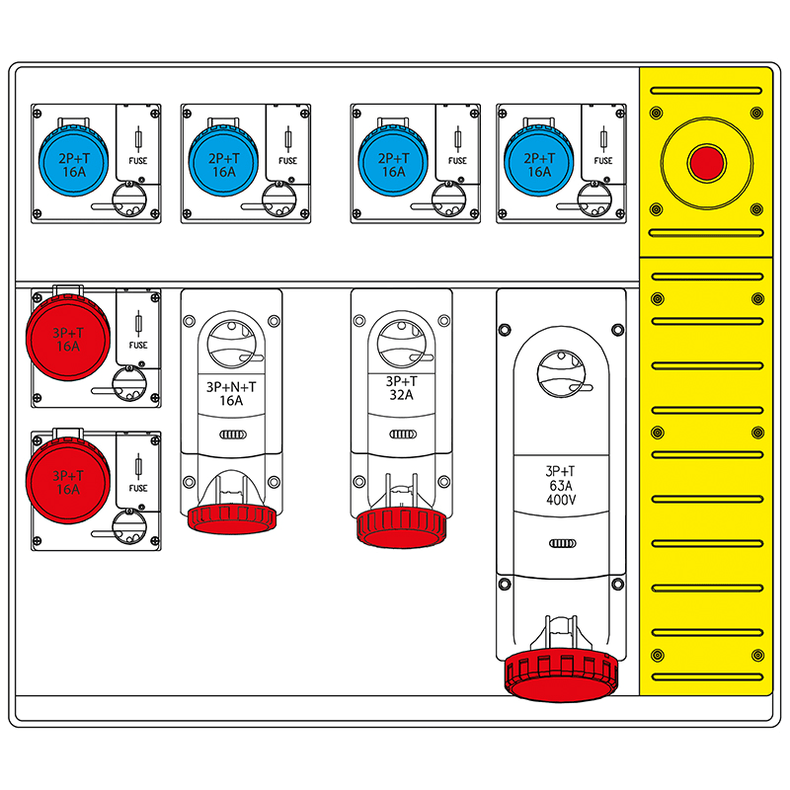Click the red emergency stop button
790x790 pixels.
coord(706,163)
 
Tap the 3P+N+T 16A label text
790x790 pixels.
coord(230,393)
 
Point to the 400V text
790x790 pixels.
coord(562,501)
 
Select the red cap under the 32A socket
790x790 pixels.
coord(401,524)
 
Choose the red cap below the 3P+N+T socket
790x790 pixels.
coord(230,516)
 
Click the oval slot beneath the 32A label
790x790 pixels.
coord(401,434)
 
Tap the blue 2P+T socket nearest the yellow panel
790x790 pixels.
coord(538,158)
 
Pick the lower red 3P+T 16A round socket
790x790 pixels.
coord(67,481)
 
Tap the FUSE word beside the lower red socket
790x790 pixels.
coord(138,488)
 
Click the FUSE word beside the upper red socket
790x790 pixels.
coord(138,346)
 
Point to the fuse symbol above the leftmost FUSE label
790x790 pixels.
coord(137,136)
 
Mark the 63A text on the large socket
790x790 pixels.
coord(562,486)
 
